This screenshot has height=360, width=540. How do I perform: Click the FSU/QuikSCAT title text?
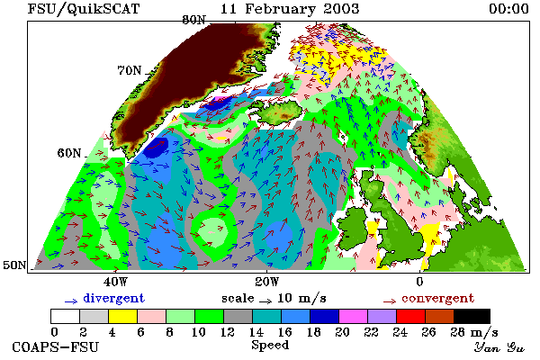84,9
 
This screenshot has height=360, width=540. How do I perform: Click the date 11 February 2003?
290,9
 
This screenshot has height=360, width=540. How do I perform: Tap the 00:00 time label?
509,9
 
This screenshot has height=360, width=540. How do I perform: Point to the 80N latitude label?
193,20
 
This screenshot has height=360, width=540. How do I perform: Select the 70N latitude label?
130,70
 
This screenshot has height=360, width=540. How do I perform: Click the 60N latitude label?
69,153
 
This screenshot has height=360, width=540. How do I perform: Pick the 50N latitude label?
14,265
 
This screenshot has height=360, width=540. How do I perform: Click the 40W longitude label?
115,282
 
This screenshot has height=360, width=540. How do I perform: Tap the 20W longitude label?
267,282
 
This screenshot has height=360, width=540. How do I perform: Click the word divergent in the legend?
113,298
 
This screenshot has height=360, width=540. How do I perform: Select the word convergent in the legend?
437,298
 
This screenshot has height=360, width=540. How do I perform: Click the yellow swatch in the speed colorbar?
123,316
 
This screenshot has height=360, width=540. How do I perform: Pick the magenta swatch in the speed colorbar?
354,316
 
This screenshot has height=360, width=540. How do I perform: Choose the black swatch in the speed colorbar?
472,316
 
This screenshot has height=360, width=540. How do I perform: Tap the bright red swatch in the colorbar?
411,316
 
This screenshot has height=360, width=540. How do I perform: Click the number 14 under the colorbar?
256,332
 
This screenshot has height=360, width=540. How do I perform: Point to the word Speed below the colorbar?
270,345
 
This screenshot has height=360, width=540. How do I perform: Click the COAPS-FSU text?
56,346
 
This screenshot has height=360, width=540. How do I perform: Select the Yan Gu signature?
499,347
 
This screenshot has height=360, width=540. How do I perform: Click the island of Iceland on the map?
279,111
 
